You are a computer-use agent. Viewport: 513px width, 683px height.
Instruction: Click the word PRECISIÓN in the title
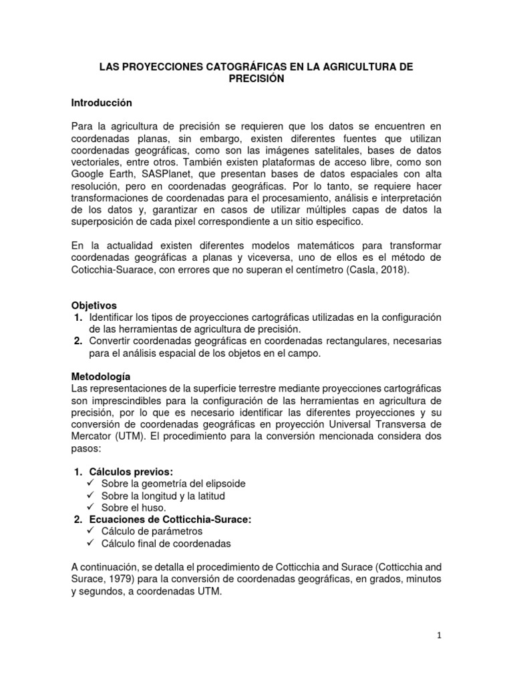tap(256, 79)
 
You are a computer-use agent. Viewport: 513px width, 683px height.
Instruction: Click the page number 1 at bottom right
tap(440, 636)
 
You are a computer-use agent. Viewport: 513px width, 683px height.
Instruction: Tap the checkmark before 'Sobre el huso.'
tap(92, 508)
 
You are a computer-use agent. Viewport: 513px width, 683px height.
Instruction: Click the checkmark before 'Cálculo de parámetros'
tap(92, 532)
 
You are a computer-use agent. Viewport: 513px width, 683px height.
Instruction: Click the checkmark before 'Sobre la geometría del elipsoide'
tap(92, 484)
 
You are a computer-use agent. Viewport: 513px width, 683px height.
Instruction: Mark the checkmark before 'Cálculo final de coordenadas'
tap(92, 544)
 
